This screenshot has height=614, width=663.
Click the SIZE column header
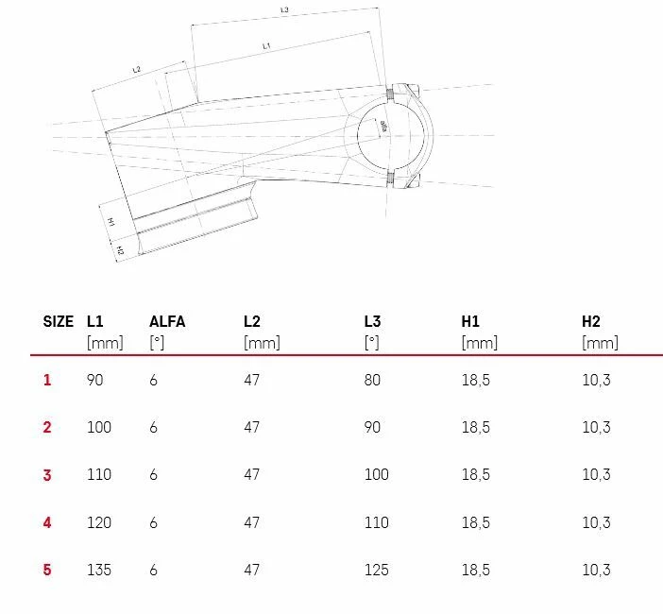coord(58,321)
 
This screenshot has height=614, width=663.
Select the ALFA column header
coord(167,321)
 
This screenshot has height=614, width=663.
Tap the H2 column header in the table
coord(591,321)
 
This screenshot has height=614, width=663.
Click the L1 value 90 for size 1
coord(94,380)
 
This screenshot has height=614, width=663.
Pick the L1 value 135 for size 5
coord(98,570)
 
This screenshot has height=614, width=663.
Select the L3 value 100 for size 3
coord(376,474)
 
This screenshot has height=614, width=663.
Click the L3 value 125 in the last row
coord(376,570)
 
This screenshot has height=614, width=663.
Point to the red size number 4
coord(47,522)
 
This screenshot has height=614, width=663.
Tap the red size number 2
coord(47,427)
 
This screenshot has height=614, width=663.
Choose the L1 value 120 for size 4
coord(98,522)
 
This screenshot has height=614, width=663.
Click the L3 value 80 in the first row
coord(372,380)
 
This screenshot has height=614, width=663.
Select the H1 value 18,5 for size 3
coord(475,474)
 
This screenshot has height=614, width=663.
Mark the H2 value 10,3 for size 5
coord(596,570)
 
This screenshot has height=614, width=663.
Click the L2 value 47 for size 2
coord(251,427)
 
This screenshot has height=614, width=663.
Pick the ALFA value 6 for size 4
coord(153,522)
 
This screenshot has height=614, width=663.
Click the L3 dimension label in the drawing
coord(285,10)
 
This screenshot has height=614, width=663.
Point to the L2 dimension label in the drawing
coord(136,70)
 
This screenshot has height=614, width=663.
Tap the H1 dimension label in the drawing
coord(110,221)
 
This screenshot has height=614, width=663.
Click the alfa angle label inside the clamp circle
coord(383,125)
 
